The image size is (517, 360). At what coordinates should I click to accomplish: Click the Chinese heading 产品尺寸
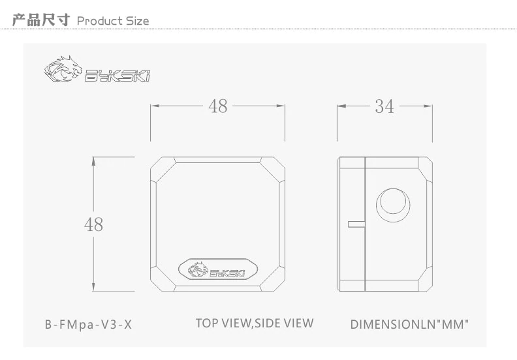click(x=41, y=20)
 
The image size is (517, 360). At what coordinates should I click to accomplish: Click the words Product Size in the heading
click(x=113, y=21)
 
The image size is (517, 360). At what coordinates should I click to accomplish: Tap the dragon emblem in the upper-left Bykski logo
click(x=63, y=69)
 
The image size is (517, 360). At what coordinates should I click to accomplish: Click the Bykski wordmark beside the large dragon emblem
click(x=117, y=76)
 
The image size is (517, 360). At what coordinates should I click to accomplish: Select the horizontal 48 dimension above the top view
click(x=218, y=106)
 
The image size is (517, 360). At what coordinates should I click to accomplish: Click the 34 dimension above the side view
click(x=384, y=106)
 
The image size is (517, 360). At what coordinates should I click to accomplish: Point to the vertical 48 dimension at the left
click(x=93, y=224)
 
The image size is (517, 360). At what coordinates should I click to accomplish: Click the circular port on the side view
click(x=393, y=205)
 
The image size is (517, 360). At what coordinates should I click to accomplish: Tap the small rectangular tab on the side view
click(x=356, y=224)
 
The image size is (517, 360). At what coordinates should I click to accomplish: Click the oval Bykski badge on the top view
click(x=218, y=270)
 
